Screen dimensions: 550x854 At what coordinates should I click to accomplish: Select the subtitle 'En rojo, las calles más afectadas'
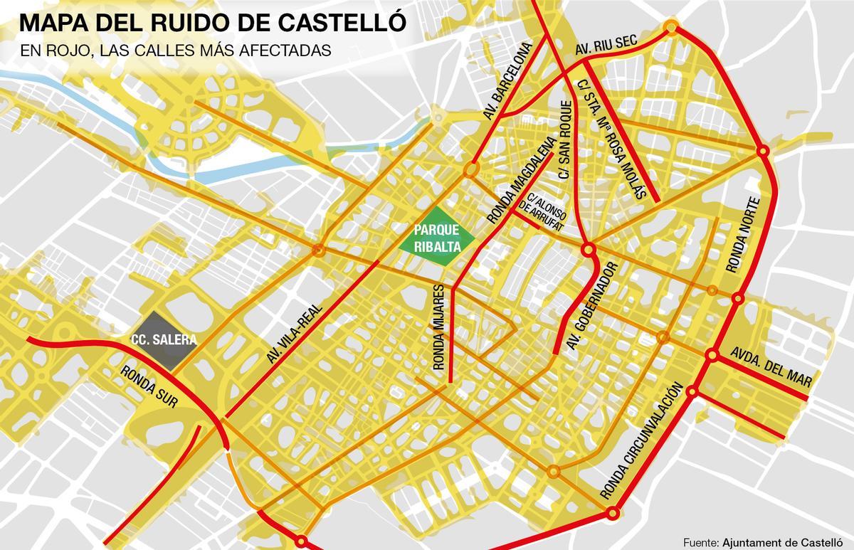[175, 51]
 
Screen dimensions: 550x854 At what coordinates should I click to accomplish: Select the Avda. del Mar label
[771, 367]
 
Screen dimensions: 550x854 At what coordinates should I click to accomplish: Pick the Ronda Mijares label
[438, 327]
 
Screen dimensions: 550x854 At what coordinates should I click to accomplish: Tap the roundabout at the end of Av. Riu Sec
[671, 28]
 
